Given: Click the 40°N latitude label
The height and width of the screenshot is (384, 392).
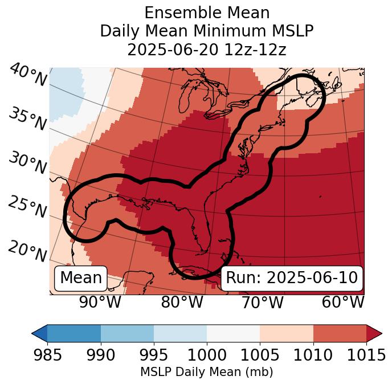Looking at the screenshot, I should point(28,76).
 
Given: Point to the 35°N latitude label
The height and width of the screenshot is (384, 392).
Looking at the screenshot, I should point(27,119).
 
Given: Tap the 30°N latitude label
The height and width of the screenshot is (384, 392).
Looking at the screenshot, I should point(27,163).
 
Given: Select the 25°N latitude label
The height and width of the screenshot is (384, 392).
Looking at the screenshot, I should point(27,207).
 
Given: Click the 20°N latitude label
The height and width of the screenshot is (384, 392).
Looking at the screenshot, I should point(27,251).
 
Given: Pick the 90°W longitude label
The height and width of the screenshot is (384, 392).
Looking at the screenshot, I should point(100,303).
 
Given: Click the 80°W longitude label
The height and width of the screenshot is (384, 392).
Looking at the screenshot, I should point(182,303).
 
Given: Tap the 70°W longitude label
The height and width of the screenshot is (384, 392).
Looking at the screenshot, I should point(262,303).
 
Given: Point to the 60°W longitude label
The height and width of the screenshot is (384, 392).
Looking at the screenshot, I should point(342,303).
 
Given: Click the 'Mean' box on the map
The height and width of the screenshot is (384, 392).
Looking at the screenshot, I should point(81,278).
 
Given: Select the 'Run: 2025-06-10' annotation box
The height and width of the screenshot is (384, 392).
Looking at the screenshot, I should point(292,278).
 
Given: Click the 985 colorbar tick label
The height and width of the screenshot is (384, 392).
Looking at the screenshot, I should point(47,355).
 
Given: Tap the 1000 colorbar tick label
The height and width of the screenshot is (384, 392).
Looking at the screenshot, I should point(207,355).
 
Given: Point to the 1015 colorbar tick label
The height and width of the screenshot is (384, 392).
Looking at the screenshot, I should point(366,355).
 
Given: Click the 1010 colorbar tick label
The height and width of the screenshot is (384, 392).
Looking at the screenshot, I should point(313,355).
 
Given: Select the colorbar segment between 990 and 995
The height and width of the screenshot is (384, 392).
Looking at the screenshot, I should point(127,333).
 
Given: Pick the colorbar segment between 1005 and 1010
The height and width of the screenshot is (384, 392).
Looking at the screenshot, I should point(287,333).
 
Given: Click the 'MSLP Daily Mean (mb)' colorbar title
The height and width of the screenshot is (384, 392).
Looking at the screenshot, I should point(206,372).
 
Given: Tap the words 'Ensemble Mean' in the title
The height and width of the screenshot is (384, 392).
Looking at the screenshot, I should point(206,13).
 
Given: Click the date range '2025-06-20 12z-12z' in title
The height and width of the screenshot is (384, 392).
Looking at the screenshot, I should point(206,50).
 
